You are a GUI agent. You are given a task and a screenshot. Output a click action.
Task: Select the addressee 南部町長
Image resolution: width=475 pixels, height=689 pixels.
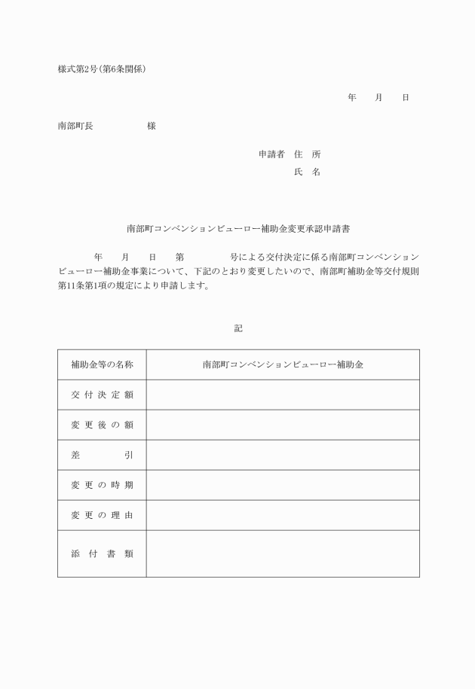(75, 126)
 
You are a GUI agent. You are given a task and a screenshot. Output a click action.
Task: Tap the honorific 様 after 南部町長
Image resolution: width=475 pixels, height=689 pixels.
(152, 126)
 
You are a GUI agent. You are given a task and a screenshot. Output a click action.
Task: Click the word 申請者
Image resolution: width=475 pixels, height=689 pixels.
(271, 154)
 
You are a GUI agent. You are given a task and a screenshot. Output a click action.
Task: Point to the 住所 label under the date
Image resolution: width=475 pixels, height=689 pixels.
(307, 154)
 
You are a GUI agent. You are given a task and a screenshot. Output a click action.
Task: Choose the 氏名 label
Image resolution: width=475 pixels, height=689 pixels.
(307, 172)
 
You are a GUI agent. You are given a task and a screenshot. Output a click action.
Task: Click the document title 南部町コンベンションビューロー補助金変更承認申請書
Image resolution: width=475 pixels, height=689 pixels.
(237, 227)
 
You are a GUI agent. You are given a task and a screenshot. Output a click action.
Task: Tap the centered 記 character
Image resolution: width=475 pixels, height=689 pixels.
(238, 328)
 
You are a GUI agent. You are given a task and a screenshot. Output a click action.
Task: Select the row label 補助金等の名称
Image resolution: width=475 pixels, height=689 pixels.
(102, 364)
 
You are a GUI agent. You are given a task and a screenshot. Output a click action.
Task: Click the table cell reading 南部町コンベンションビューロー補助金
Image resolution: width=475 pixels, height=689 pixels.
(283, 364)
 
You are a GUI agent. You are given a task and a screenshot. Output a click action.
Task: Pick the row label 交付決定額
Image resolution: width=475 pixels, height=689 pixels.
(102, 395)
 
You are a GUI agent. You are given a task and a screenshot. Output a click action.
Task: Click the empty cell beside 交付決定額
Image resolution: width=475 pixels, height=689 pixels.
(283, 395)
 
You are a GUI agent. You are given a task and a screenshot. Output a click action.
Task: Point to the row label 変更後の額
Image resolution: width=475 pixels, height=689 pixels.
(102, 425)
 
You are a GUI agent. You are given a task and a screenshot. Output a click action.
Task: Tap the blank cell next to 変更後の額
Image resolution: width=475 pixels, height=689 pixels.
(283, 425)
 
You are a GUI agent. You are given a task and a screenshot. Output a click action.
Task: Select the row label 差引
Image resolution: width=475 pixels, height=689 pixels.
(102, 455)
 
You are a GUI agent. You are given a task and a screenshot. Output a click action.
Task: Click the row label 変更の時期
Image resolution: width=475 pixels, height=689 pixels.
(102, 485)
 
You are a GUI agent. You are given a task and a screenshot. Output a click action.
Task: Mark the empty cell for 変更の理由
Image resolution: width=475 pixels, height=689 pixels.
(283, 515)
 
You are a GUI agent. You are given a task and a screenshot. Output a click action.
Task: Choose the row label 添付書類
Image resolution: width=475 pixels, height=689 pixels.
(102, 553)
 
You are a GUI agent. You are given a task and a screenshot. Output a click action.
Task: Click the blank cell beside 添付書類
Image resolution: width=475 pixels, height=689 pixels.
(283, 553)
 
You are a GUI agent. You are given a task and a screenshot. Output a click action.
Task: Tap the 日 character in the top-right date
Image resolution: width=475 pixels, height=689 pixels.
(406, 98)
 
